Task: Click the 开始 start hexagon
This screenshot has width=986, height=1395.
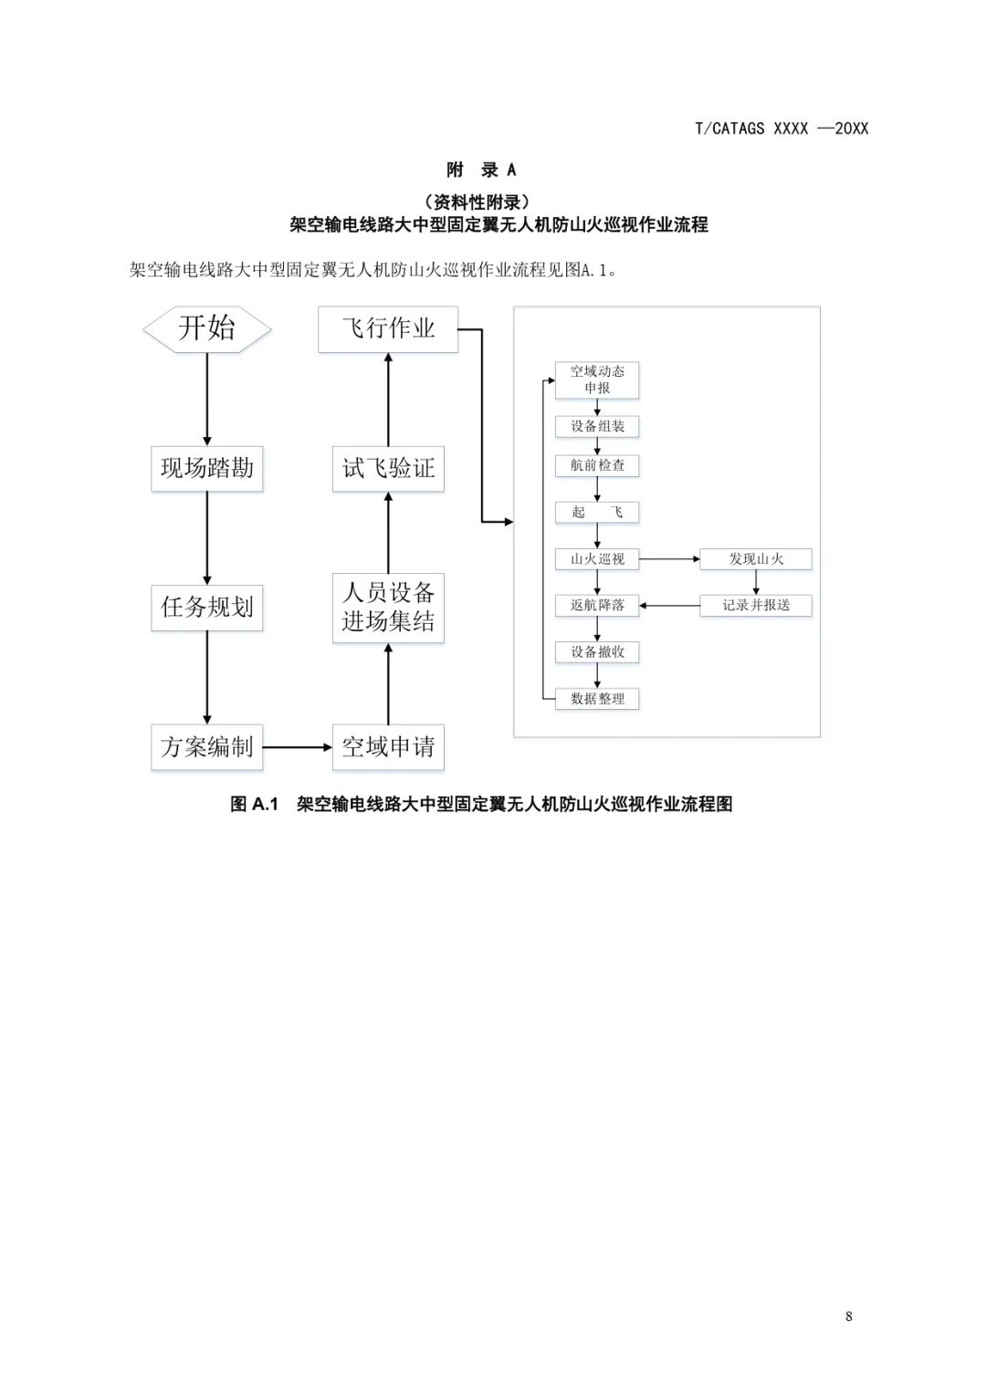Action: coord(207,328)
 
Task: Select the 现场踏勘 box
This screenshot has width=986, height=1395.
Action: coord(207,468)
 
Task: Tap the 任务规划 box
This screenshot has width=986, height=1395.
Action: coord(207,607)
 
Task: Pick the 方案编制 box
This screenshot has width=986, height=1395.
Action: coord(207,746)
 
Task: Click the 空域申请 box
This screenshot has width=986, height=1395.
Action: coord(388,746)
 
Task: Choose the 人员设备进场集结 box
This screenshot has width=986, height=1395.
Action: coord(388,607)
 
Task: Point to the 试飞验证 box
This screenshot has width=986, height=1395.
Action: coord(388,468)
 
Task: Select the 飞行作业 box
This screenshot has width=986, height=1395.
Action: coord(388,328)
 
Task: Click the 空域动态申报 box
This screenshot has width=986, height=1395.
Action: coord(597,380)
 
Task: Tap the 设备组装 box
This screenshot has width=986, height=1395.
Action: coord(597,426)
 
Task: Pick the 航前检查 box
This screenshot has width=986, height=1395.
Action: coord(597,465)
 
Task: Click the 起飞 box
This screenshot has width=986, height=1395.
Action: coord(597,512)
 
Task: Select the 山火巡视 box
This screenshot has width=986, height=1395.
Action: coord(597,558)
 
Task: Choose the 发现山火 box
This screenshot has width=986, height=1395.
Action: coord(756,558)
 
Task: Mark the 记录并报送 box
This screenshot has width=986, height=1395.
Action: coord(756,605)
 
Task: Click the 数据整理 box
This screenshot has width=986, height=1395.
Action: coord(597,699)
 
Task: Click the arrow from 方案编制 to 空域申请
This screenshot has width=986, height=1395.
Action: coord(298,747)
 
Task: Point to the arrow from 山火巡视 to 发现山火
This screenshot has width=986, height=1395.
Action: coord(669,558)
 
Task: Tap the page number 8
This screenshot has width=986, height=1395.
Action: coord(849,1316)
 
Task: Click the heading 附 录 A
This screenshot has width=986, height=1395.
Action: coord(481,170)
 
